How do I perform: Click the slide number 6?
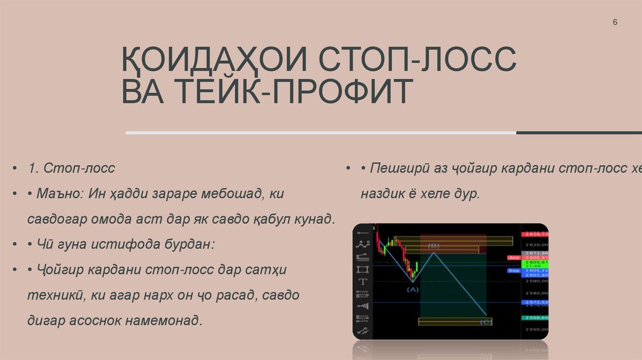point(615,23)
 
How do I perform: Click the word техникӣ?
point(57,295)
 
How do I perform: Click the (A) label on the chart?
point(412,289)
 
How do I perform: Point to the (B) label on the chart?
point(433,246)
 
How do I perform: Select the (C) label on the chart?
point(485,322)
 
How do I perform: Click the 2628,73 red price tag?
point(537,233)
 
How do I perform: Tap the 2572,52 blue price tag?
point(537,302)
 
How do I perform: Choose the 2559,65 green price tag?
point(537,318)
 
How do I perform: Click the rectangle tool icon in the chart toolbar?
point(362,270)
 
